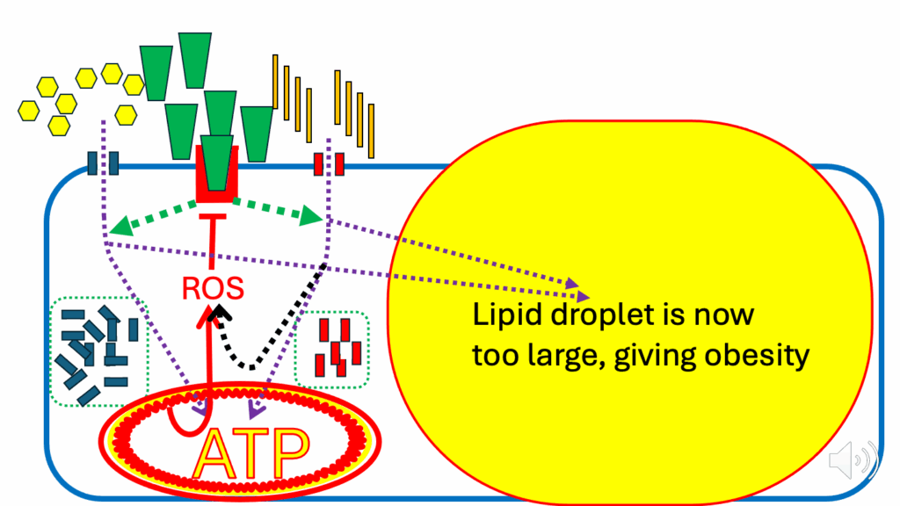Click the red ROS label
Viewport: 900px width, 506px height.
(213, 288)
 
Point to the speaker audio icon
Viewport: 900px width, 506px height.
(853, 459)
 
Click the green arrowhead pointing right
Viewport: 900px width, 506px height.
(311, 216)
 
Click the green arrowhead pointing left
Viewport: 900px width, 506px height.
(120, 226)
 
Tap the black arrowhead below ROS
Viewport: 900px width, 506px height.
(219, 314)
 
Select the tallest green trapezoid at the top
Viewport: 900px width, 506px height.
(195, 61)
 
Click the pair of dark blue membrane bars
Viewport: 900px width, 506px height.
(103, 163)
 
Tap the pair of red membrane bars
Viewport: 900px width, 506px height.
(329, 164)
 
